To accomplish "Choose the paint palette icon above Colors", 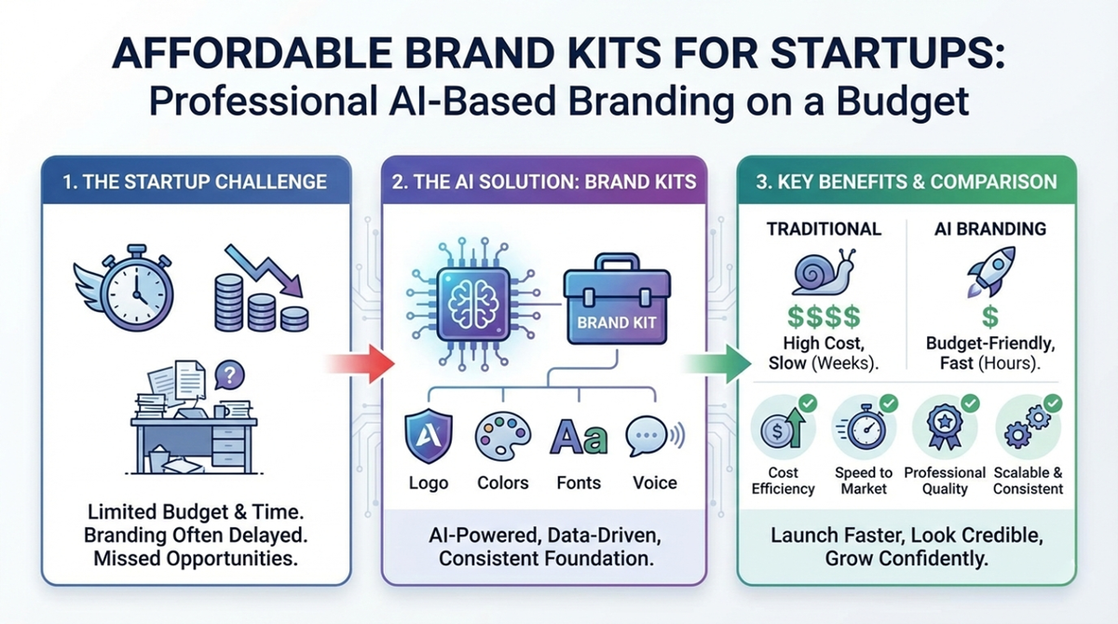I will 502,436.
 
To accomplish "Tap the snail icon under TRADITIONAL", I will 820,271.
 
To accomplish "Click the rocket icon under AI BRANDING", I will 988,271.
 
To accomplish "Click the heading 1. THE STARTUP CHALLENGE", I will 194,182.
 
